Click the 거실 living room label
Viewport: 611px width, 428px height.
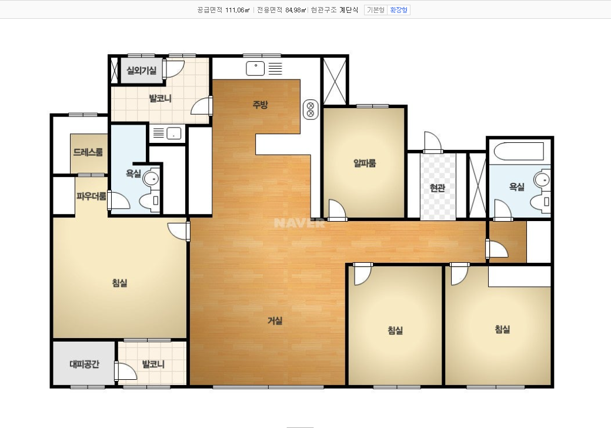pyautogui.click(x=275, y=320)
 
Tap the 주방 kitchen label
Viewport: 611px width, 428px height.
pyautogui.click(x=261, y=105)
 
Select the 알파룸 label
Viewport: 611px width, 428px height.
pyautogui.click(x=365, y=163)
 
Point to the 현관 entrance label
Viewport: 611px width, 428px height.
pyautogui.click(x=437, y=188)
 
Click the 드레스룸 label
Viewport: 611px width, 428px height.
pyautogui.click(x=88, y=152)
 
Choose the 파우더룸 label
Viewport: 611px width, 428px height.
pyautogui.click(x=91, y=196)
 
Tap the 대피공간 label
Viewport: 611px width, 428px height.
pyautogui.click(x=85, y=364)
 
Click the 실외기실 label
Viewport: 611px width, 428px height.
pyautogui.click(x=142, y=71)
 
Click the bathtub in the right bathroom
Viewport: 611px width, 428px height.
pyautogui.click(x=519, y=152)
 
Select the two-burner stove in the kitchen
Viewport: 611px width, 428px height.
pyautogui.click(x=310, y=109)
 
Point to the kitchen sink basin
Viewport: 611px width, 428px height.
pyautogui.click(x=255, y=69)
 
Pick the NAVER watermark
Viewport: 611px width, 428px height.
pyautogui.click(x=299, y=223)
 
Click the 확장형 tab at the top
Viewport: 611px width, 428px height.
pyautogui.click(x=399, y=10)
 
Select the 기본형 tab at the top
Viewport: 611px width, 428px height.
pyautogui.click(x=376, y=10)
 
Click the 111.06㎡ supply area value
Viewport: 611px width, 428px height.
pyautogui.click(x=238, y=10)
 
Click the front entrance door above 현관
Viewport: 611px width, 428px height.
pyautogui.click(x=433, y=142)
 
